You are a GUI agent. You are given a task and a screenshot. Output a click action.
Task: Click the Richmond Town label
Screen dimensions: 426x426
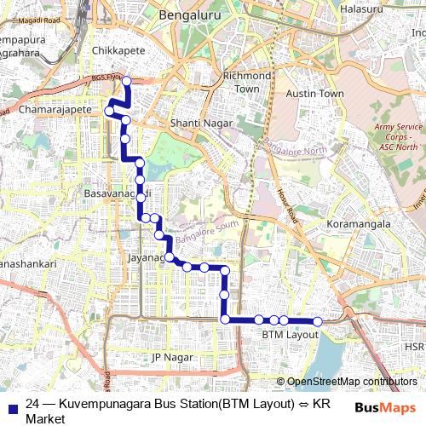(246, 82)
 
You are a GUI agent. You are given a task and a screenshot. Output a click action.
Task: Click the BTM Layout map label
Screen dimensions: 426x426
(290, 336)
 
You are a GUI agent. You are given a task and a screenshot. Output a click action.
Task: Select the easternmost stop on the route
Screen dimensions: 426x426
(317, 321)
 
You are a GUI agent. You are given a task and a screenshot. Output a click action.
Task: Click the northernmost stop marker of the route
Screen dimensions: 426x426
(126, 82)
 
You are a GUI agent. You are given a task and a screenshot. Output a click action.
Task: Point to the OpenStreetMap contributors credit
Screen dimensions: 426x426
(347, 382)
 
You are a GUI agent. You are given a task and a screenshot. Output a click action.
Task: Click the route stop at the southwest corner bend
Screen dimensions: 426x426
(226, 319)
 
